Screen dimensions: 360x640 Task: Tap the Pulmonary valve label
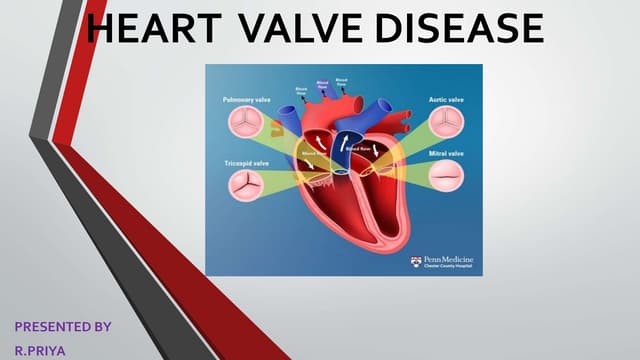[245, 101]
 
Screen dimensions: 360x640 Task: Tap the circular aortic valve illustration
[446, 123]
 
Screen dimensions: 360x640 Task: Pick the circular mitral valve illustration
[446, 178]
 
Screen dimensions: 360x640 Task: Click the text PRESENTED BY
[62, 326]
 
